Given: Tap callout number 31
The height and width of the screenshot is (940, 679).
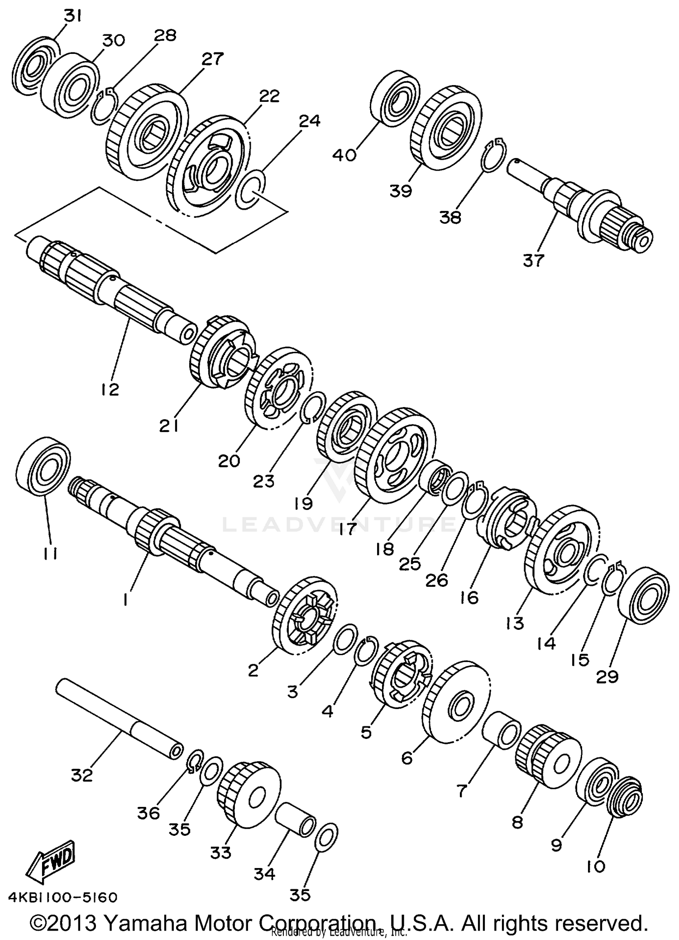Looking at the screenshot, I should click(72, 17).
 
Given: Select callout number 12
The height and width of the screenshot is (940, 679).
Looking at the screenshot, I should click(110, 388).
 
